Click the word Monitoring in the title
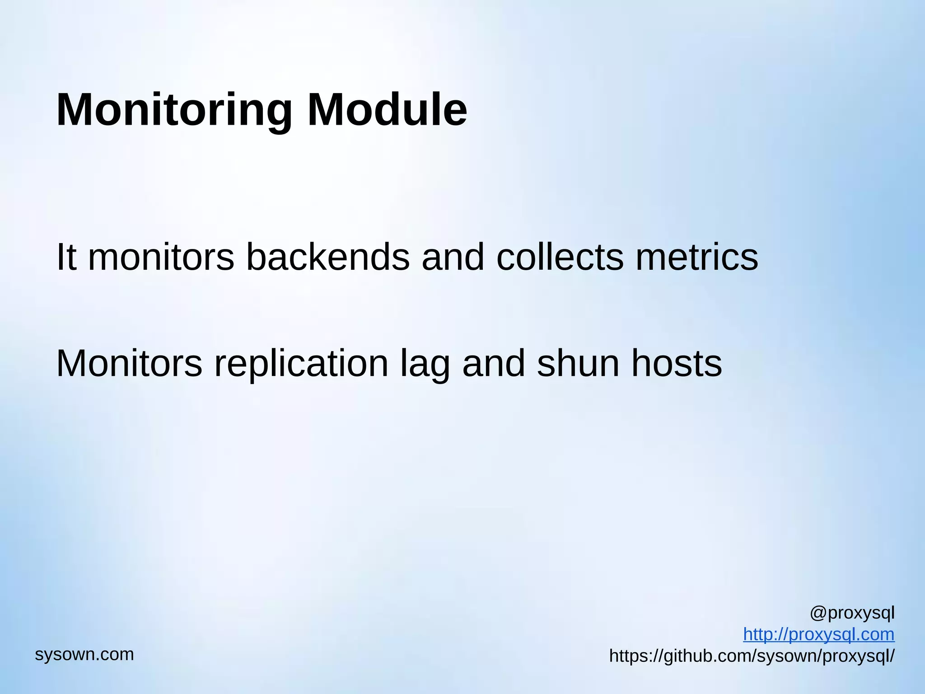[174, 110]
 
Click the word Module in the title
[387, 110]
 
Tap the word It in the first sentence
[66, 257]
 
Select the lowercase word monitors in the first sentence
[161, 258]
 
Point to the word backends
[328, 257]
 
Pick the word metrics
[697, 257]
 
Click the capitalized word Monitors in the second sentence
[129, 363]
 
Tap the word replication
[301, 364]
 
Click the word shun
[578, 363]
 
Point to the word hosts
[676, 363]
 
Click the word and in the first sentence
[453, 257]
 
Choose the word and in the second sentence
[494, 363]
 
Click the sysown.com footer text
[84, 654]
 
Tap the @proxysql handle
[852, 613]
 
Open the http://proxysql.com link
[818, 634]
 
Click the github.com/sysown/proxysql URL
[752, 656]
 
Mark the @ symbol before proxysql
[818, 613]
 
